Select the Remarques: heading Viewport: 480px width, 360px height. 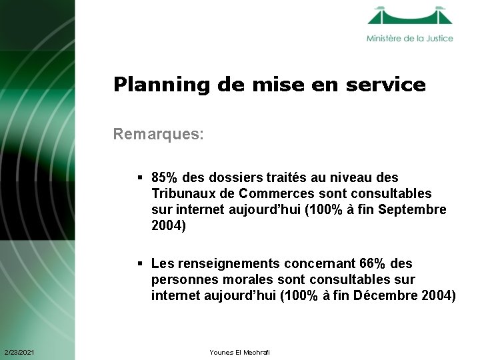158,135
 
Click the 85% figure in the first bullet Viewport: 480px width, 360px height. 164,178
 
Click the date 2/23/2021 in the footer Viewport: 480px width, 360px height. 20,352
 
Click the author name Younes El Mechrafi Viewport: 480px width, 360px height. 239,352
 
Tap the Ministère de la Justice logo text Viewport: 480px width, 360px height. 409,39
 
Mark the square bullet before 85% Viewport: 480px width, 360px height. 141,178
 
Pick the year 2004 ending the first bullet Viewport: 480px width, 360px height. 166,226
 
